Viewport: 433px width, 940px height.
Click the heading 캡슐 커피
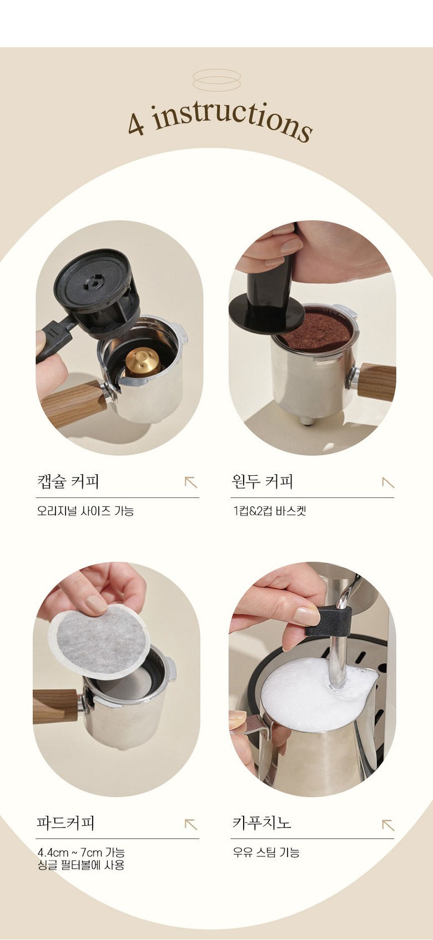pyautogui.click(x=68, y=481)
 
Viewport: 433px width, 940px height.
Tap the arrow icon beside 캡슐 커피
pyautogui.click(x=191, y=482)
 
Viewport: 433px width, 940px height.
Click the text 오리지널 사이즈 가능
pyautogui.click(x=85, y=511)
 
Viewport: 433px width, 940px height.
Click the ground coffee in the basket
pyautogui.click(x=315, y=327)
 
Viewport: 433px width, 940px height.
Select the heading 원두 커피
pyautogui.click(x=263, y=481)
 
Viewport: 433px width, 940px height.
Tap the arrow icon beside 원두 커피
pyautogui.click(x=388, y=482)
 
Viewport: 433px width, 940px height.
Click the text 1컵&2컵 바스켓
pyautogui.click(x=270, y=511)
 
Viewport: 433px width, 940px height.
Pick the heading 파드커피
pyautogui.click(x=66, y=823)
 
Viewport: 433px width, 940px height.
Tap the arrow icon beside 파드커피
pyautogui.click(x=191, y=824)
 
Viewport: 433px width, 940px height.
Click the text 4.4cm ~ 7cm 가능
pyautogui.click(x=81, y=852)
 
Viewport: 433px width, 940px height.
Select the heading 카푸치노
pyautogui.click(x=261, y=823)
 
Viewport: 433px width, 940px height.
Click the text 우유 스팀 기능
pyautogui.click(x=266, y=852)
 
